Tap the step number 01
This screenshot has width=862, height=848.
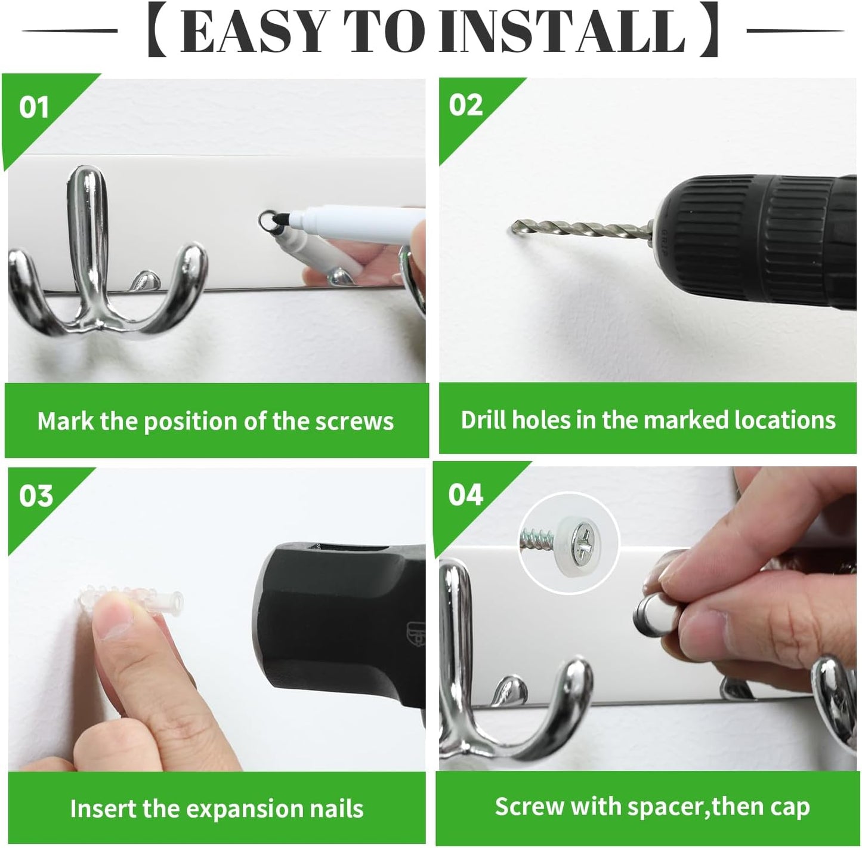34,108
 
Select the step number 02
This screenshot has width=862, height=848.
466,106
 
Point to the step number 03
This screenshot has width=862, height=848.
36,496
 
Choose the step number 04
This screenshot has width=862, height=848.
466,495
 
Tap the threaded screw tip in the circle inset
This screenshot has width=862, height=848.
539,541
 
